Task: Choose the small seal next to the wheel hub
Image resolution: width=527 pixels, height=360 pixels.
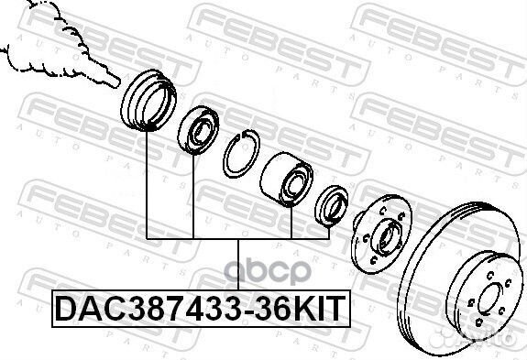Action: click(331, 205)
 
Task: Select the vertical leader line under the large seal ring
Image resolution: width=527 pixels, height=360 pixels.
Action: click(147, 183)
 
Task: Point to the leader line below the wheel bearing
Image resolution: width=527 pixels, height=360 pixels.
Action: click(291, 220)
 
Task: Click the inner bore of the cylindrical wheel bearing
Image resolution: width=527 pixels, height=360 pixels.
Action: click(296, 186)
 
